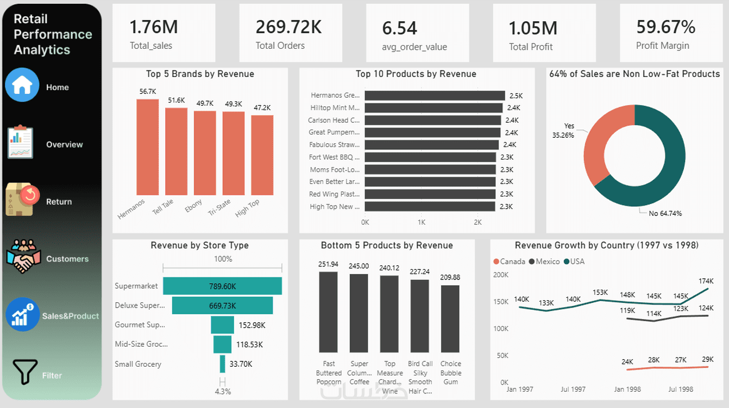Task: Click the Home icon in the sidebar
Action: click(22, 85)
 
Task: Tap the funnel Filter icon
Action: click(25, 372)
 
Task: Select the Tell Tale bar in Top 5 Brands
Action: click(176, 151)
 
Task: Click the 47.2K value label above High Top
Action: click(262, 107)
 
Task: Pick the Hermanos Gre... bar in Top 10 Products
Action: click(435, 95)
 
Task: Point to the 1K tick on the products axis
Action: click(421, 222)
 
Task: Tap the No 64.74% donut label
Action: click(665, 214)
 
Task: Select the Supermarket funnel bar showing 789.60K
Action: click(222, 286)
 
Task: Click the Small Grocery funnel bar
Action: click(223, 364)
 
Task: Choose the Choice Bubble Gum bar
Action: click(450, 319)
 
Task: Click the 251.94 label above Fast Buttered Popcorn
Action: click(328, 264)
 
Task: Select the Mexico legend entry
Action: click(544, 262)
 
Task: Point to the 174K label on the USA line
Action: click(706, 281)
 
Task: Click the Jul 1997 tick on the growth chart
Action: click(573, 389)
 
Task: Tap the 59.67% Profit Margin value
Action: click(665, 27)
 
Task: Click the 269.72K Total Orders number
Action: click(288, 27)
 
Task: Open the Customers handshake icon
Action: click(23, 256)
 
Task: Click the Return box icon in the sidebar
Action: click(22, 200)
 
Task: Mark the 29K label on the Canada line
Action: click(707, 359)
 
